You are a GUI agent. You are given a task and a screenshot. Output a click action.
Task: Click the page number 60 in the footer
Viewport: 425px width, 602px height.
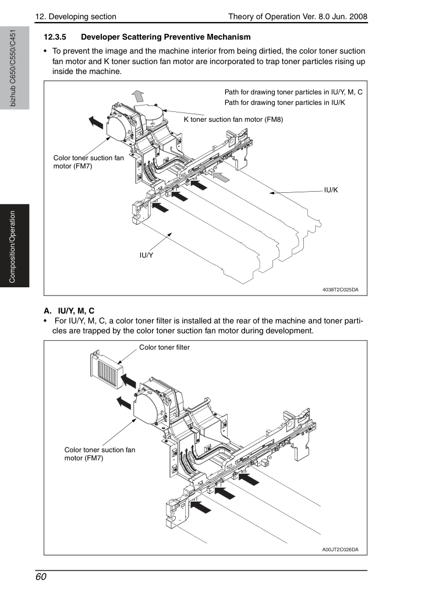pos(41,577)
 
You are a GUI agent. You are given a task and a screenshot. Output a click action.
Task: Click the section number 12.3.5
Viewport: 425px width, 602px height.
pos(55,37)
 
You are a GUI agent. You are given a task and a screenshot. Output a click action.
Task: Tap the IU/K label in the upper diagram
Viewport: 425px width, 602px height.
pos(331,190)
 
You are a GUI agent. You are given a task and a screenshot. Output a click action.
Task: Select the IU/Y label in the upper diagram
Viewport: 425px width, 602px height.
pos(146,255)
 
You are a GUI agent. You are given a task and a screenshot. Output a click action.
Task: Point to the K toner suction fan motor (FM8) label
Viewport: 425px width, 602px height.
pos(233,119)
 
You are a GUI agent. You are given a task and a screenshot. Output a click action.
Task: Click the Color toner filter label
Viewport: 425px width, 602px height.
pos(164,347)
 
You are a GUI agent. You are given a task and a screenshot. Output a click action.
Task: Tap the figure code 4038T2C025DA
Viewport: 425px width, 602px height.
pos(340,290)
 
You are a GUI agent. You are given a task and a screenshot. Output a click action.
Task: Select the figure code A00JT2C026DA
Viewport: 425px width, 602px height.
pos(340,550)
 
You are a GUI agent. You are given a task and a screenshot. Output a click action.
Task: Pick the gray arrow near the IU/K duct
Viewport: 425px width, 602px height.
pos(221,177)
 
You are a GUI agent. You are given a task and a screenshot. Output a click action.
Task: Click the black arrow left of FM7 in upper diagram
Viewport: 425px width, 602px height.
pos(96,122)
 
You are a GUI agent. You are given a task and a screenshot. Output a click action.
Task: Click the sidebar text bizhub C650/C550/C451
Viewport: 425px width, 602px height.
pos(13,68)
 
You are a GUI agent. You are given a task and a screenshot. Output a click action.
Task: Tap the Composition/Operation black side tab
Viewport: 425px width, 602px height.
pos(15,246)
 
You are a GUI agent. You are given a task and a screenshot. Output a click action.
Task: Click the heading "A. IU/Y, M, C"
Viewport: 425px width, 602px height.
pos(69,311)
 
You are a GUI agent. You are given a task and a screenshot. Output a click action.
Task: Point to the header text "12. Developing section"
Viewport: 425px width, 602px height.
pos(76,17)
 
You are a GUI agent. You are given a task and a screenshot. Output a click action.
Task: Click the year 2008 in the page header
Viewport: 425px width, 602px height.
pos(358,17)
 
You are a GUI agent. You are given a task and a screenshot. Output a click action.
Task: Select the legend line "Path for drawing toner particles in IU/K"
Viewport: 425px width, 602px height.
pos(285,103)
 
